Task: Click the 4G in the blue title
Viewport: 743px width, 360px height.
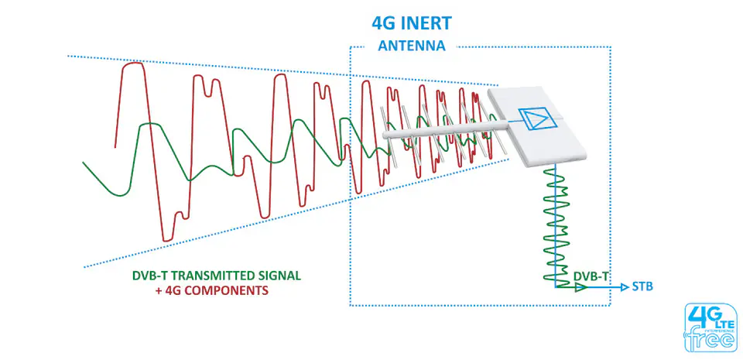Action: click(385, 22)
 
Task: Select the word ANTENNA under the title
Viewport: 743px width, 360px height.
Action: click(411, 46)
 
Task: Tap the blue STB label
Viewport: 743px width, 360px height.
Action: click(642, 286)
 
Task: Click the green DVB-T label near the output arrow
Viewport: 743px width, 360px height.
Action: click(591, 276)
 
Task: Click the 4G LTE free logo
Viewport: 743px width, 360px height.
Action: click(710, 327)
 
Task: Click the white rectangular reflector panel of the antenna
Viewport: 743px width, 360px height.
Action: click(537, 126)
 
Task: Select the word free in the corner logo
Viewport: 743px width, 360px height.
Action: click(711, 340)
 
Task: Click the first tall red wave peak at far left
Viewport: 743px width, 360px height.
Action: click(132, 65)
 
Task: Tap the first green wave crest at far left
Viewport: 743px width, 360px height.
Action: click(149, 125)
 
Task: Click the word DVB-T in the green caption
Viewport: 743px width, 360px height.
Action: click(147, 276)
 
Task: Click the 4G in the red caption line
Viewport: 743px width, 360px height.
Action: click(172, 290)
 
